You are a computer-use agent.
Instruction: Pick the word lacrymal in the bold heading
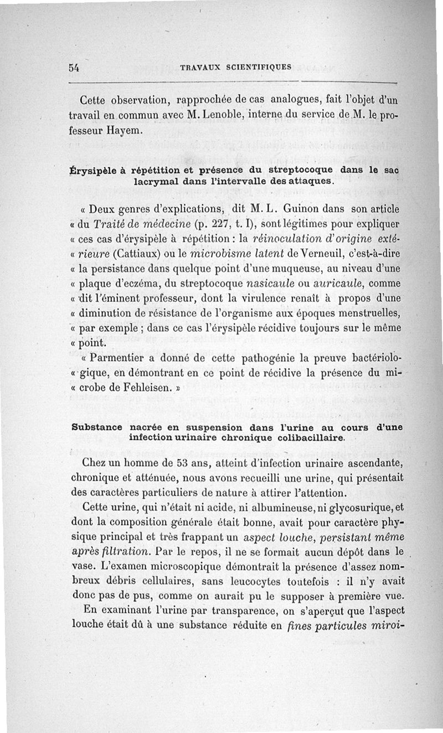pos(155,181)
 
